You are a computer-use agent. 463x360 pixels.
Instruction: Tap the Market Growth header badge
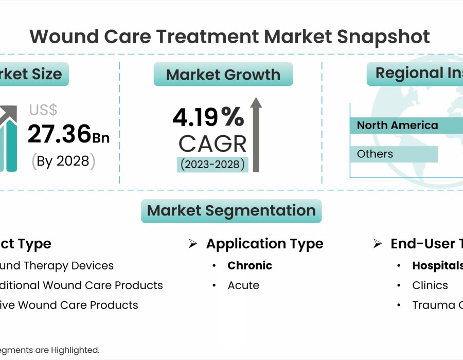(x=223, y=75)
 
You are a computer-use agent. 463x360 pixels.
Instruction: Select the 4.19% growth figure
(x=208, y=118)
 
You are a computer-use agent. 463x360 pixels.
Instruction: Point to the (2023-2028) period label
(x=212, y=165)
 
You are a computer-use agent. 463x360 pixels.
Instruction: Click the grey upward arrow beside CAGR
(x=256, y=135)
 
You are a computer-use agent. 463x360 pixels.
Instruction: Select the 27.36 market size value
(x=60, y=134)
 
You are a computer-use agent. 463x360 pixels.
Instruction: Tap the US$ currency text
(x=43, y=110)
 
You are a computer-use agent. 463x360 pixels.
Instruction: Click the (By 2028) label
(x=64, y=161)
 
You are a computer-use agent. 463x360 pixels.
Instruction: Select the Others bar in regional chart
(x=394, y=154)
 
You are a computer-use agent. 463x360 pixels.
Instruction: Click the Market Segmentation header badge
(x=232, y=211)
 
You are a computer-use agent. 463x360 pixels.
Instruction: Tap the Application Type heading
(x=264, y=244)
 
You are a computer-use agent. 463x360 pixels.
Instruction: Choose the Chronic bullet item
(x=250, y=266)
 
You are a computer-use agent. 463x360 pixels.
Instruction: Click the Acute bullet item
(x=243, y=285)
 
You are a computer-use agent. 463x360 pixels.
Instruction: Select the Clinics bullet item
(x=430, y=285)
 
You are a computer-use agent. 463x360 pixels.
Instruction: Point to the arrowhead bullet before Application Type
(x=193, y=244)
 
